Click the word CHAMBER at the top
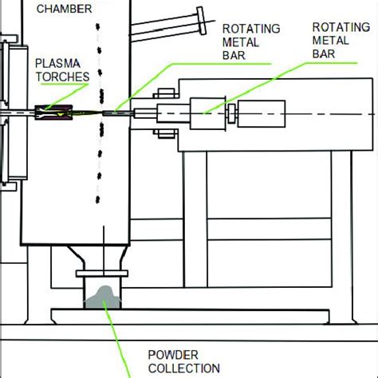(69, 9)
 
